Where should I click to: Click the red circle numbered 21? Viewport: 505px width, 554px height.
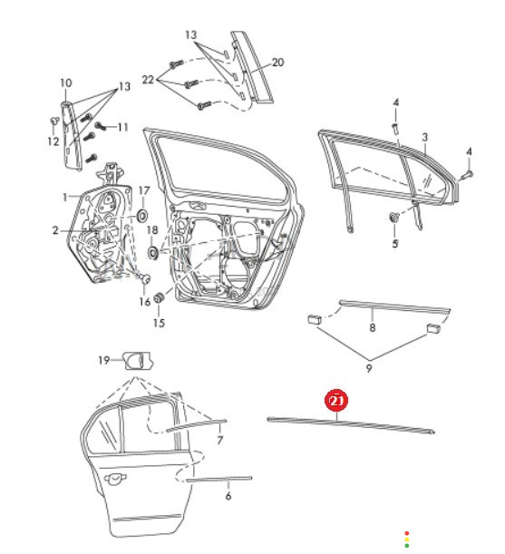pos(336,401)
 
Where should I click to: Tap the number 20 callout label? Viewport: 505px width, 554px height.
pos(277,63)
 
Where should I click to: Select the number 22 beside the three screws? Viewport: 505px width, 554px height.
pos(148,80)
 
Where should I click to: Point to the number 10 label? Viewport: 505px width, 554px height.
pos(66,83)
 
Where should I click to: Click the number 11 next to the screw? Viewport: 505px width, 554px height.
pos(122,127)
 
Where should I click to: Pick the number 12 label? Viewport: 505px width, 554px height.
pos(53,141)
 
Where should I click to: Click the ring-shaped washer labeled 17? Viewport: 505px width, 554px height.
pos(142,215)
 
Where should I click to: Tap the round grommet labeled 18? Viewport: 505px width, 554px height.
pos(152,252)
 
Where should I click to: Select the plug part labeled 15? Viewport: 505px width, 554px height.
pos(160,296)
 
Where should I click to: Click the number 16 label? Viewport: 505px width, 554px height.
pos(145,302)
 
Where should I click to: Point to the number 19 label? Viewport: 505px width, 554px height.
pos(104,360)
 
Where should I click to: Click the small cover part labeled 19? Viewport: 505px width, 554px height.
pos(137,361)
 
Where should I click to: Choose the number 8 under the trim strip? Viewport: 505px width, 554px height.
pos(372,327)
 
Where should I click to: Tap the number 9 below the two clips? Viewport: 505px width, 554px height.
pos(369,368)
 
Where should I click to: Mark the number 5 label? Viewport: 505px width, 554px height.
pos(394,243)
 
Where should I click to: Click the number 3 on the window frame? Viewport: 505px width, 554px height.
pos(425,137)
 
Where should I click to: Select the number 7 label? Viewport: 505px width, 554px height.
pos(219,441)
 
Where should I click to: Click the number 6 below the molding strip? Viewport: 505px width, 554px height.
pos(228,496)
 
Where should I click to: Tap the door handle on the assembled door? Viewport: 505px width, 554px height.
pos(115,477)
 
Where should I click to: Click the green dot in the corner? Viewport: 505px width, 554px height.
pos(407,546)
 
